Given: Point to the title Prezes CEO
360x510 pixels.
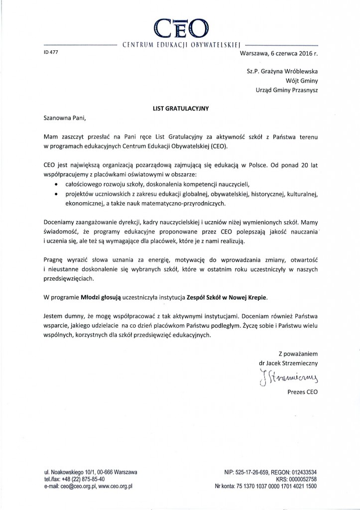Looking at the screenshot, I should click(x=302, y=392).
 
